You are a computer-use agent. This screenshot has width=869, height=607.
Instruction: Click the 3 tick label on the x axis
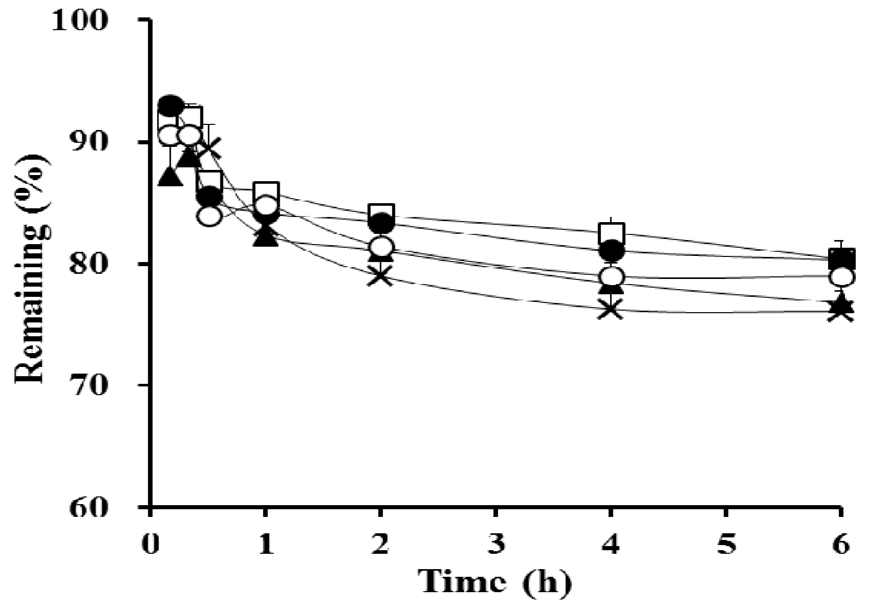pyautogui.click(x=495, y=545)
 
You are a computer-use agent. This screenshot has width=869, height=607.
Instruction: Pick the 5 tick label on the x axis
pyautogui.click(x=726, y=545)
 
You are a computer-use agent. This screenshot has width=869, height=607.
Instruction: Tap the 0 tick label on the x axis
pyautogui.click(x=150, y=545)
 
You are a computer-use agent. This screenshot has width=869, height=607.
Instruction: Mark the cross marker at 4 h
pyautogui.click(x=611, y=310)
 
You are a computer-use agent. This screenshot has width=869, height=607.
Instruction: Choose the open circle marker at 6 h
pyautogui.click(x=841, y=277)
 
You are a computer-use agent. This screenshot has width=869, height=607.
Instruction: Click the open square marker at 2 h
pyautogui.click(x=382, y=212)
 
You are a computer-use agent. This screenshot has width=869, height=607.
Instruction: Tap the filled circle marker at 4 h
pyautogui.click(x=611, y=251)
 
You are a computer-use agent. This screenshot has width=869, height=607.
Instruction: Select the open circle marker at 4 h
pyautogui.click(x=611, y=277)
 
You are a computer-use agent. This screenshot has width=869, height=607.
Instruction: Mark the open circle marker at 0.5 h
pyautogui.click(x=209, y=216)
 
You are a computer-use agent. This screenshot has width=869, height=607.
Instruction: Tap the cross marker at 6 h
pyautogui.click(x=841, y=312)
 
